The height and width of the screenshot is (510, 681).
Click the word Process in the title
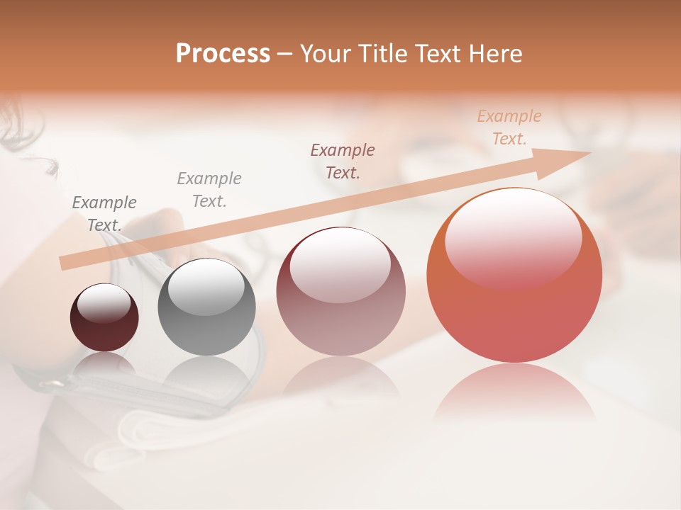tap(223, 54)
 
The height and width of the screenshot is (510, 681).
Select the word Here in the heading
tap(494, 54)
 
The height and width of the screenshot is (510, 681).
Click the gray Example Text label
tap(209, 189)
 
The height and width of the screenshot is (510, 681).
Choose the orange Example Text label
tap(509, 127)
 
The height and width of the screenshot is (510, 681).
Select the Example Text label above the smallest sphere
tap(104, 213)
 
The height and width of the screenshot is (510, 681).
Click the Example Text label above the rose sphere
tap(343, 161)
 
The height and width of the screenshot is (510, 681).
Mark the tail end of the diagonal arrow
tap(64, 263)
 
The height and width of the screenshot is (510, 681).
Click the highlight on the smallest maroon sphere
tap(104, 304)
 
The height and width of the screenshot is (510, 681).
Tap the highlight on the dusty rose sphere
tap(340, 266)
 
